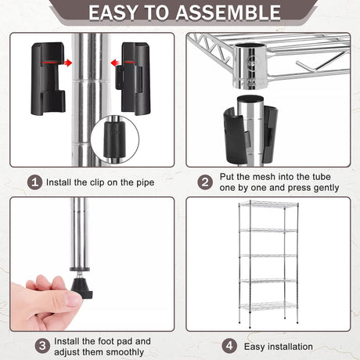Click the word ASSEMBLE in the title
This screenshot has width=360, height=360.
[x=228, y=13]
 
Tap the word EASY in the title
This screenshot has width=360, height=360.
[x=113, y=13]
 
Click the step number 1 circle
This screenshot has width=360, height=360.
[x=34, y=182]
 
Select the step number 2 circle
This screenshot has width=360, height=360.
[x=205, y=182]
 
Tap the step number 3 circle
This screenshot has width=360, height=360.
[x=42, y=346]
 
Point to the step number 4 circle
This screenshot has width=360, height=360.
[x=229, y=346]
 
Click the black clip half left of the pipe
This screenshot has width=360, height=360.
[x=49, y=79]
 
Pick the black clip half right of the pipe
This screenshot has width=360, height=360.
[x=133, y=79]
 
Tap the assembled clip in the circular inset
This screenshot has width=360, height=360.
[x=115, y=139]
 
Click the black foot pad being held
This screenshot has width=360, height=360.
[x=81, y=288]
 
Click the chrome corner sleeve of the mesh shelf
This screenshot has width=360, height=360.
[x=250, y=67]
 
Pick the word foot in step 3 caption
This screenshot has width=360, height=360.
[x=106, y=341]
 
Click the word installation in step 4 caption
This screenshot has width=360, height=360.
[x=290, y=347]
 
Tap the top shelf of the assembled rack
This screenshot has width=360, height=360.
[x=268, y=204]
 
